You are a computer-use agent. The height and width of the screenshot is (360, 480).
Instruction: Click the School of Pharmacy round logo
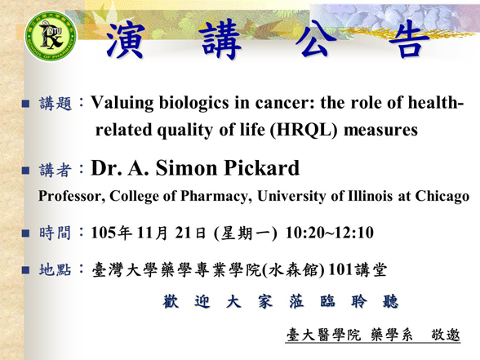pyautogui.click(x=51, y=36)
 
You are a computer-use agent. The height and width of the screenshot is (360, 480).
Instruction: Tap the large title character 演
pyautogui.click(x=125, y=39)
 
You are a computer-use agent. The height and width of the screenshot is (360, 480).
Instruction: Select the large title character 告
pyautogui.click(x=409, y=39)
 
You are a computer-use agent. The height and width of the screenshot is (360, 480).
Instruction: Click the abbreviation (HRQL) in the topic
pyautogui.click(x=304, y=130)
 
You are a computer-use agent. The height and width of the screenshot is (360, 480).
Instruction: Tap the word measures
pyautogui.click(x=380, y=131)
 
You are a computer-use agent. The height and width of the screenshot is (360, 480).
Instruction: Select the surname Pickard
pyautogui.click(x=262, y=168)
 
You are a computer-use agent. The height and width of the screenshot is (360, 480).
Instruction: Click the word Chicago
pyautogui.click(x=442, y=197)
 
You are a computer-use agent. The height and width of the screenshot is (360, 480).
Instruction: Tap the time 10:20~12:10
pyautogui.click(x=330, y=233)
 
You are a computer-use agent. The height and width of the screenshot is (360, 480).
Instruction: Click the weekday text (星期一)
pyautogui.click(x=246, y=233)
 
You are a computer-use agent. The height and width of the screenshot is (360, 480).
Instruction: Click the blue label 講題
pyautogui.click(x=56, y=104)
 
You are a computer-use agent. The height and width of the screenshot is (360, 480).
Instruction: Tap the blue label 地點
pyautogui.click(x=56, y=270)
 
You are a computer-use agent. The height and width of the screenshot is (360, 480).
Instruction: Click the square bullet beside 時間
pyautogui.click(x=26, y=233)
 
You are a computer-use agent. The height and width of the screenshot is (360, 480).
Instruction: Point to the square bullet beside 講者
pyautogui.click(x=26, y=170)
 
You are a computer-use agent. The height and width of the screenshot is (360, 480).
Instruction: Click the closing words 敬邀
pyautogui.click(x=446, y=335)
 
